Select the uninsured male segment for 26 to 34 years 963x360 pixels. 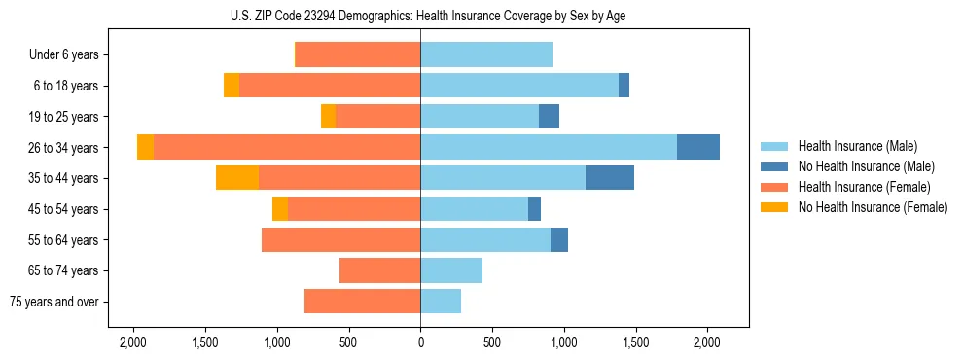(x=698, y=147)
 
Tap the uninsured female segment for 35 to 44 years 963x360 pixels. (x=237, y=178)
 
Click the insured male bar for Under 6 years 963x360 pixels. (x=486, y=54)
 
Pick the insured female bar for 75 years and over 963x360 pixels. (x=362, y=302)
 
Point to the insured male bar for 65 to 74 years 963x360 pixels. (x=451, y=270)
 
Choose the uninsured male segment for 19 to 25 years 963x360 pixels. (x=549, y=117)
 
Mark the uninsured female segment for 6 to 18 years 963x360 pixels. (x=232, y=86)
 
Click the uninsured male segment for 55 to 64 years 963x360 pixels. (x=559, y=240)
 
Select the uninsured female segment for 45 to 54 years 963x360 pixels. (x=280, y=209)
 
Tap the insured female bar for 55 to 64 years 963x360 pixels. (x=340, y=240)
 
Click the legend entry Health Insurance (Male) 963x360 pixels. (x=857, y=146)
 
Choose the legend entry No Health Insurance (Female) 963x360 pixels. (x=873, y=207)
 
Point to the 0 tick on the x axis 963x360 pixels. (x=420, y=342)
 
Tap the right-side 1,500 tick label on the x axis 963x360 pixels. (x=635, y=342)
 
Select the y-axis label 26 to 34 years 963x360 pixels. (x=64, y=148)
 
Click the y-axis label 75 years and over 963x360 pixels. (x=53, y=302)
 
